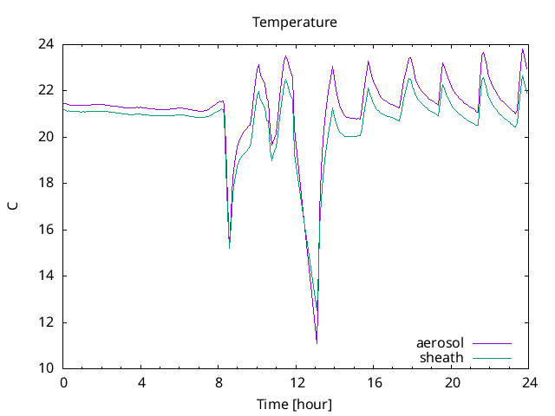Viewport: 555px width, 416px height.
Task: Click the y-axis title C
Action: [13, 206]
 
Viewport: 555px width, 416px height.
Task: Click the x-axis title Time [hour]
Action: [295, 405]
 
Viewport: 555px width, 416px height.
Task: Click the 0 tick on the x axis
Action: [63, 382]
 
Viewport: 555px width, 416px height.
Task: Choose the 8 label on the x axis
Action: [219, 382]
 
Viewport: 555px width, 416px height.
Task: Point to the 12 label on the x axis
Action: [297, 382]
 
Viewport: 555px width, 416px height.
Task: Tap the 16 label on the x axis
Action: [374, 382]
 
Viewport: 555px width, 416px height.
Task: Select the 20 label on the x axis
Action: [452, 382]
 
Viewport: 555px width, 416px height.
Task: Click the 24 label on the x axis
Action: [529, 382]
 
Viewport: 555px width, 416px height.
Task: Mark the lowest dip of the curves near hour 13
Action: [317, 342]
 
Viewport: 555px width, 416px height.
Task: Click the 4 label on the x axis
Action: [141, 382]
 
